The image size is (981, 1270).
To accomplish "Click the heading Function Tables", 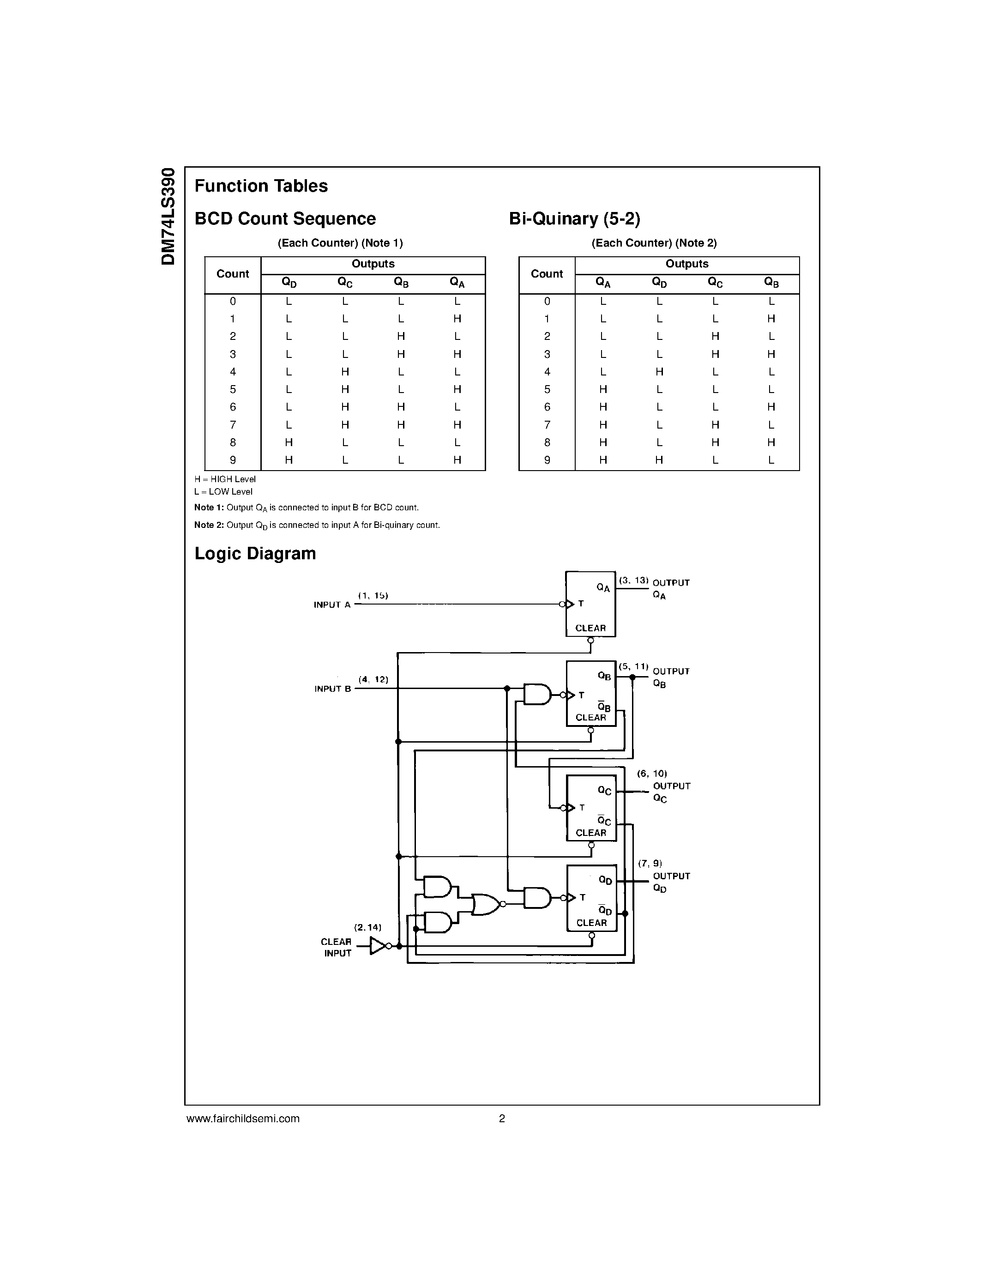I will [261, 186].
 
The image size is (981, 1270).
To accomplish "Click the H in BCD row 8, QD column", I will [289, 442].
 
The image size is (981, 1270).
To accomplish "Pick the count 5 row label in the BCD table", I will [233, 390].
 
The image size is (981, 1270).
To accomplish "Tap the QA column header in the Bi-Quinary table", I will [602, 283].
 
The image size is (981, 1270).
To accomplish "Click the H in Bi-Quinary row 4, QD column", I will [659, 372].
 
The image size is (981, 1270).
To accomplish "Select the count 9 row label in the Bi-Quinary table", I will [547, 460].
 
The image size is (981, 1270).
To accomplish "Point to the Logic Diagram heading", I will [255, 554].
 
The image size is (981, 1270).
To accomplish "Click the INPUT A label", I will [332, 605].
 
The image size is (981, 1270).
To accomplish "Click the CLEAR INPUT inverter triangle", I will [377, 946].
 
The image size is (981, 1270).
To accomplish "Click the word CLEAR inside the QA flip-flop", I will [590, 628].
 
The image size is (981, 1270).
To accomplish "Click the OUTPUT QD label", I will [671, 882].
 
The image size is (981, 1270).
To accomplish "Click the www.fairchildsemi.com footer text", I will [243, 1119].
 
